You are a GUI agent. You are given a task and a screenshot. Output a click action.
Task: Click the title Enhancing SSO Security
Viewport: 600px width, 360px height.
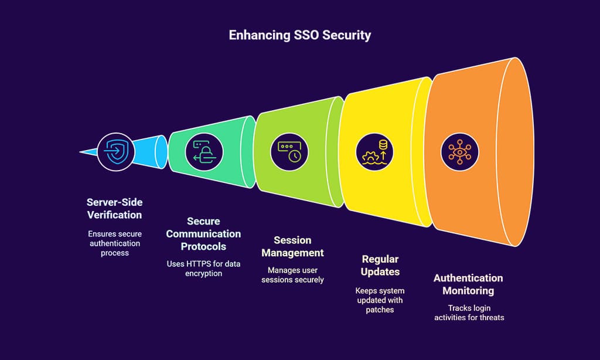(x=299, y=35)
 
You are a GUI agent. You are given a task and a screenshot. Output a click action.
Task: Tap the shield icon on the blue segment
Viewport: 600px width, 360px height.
(x=115, y=152)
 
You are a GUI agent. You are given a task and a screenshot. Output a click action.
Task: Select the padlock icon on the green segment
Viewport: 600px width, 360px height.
(x=204, y=152)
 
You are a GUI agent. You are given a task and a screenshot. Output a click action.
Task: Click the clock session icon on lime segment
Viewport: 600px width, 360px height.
(x=289, y=152)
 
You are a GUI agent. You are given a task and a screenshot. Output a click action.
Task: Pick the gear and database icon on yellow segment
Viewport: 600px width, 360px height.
(x=374, y=152)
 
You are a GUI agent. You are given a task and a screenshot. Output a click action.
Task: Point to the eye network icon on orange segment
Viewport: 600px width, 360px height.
(x=459, y=152)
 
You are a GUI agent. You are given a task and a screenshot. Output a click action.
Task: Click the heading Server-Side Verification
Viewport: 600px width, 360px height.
(x=114, y=209)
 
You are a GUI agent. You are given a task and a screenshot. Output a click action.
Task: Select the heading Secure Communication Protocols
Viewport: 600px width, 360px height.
(x=203, y=234)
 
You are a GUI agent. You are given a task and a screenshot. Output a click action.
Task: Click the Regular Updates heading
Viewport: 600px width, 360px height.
(x=380, y=266)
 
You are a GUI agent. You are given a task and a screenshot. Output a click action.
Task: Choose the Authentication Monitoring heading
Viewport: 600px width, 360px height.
(x=468, y=284)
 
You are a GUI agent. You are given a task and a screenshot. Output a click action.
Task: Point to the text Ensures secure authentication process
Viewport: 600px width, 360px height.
(x=114, y=243)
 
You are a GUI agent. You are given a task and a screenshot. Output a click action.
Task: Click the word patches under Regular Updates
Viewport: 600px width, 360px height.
(x=380, y=310)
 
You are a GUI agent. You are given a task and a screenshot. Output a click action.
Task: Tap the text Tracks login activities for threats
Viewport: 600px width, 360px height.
(x=469, y=313)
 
